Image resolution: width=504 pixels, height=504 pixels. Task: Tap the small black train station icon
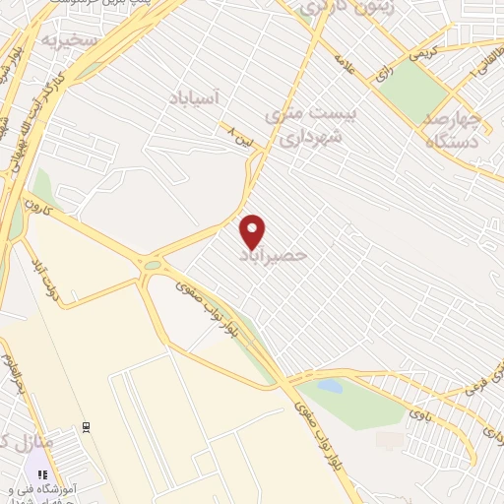click(87, 425)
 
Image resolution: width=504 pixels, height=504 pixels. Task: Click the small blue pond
click(333, 386)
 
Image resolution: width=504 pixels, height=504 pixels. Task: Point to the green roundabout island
click(153, 264)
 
